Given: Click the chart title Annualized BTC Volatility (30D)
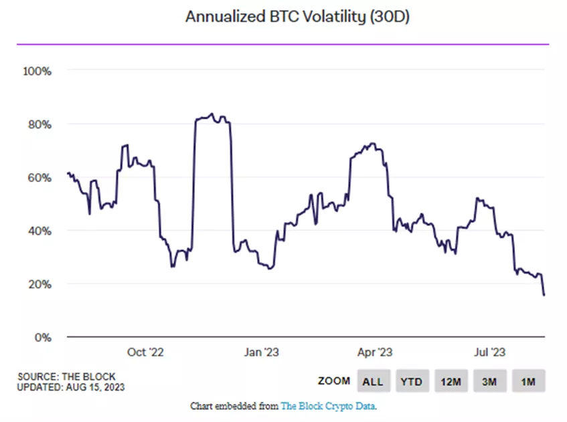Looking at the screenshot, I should tap(297, 17).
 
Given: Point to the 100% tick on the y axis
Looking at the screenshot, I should tap(37, 71).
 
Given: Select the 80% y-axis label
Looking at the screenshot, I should tap(38, 124).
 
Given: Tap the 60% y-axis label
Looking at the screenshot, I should tap(38, 177).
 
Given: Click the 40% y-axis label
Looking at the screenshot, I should tap(38, 231).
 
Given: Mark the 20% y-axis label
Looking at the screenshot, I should tap(38, 284).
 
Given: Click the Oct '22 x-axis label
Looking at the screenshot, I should tap(145, 352).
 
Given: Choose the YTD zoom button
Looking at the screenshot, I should tap(412, 381).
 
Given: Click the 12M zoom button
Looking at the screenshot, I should tap(451, 381).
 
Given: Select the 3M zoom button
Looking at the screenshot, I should tap(489, 381).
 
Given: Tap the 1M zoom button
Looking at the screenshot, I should tap(528, 381).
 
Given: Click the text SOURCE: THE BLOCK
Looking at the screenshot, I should tap(66, 377).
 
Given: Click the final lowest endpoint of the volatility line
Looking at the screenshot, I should tap(544, 295).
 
